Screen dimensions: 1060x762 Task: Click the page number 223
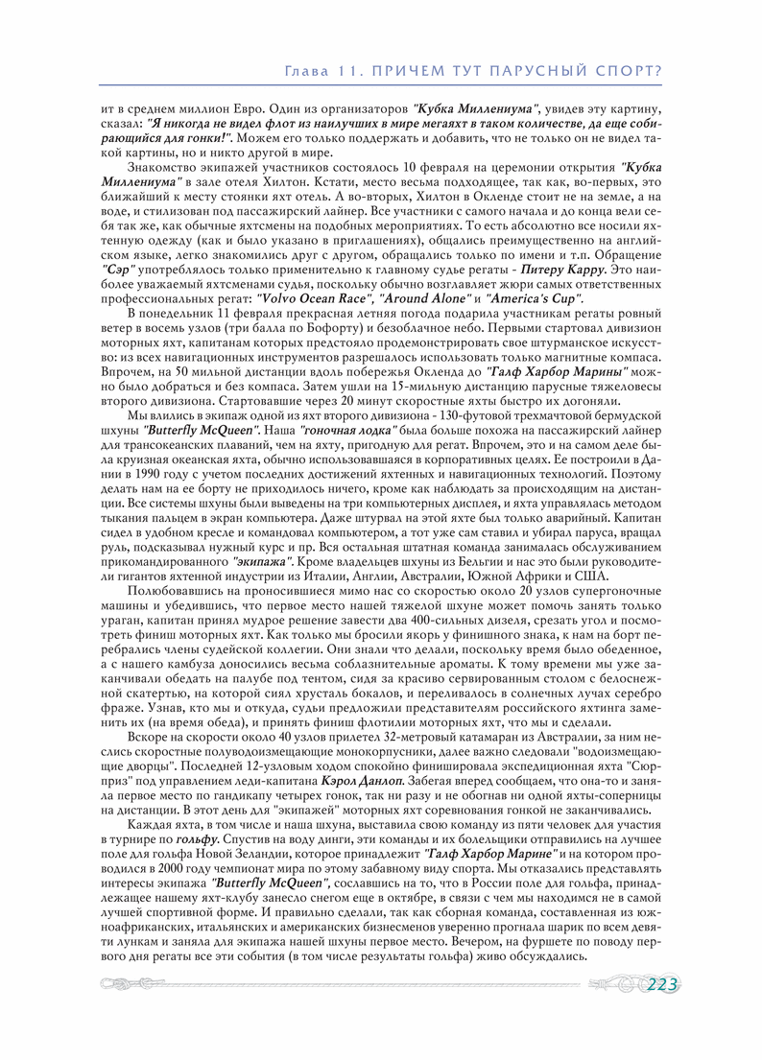click(x=662, y=986)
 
